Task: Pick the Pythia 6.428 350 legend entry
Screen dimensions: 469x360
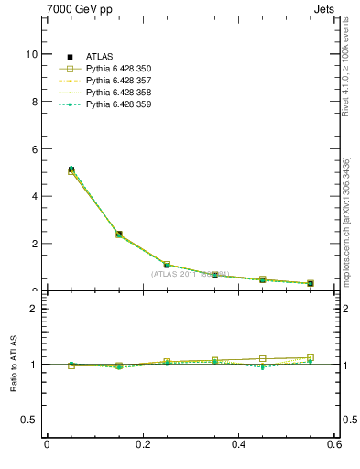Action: (118, 70)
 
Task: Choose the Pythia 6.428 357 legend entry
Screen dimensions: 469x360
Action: (118, 82)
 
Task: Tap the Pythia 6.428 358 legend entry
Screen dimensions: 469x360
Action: (118, 93)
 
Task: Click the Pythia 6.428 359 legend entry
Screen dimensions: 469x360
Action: (118, 105)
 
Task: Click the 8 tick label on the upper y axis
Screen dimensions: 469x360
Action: (33, 102)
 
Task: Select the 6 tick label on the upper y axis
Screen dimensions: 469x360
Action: (33, 149)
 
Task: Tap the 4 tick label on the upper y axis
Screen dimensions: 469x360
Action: (33, 196)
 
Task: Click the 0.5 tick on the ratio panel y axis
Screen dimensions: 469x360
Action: (29, 420)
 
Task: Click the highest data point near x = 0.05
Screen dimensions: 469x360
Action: (71, 169)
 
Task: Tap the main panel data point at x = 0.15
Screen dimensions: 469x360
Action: (119, 234)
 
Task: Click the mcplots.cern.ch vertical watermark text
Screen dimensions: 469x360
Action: (346, 221)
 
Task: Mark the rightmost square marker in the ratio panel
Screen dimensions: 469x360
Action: (311, 358)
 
